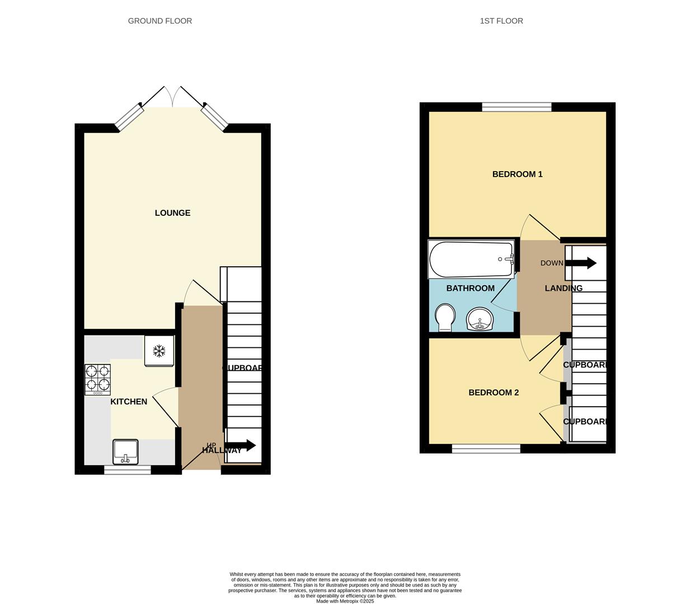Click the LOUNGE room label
tap(172, 213)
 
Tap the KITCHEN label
tap(129, 402)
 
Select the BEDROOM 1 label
tap(517, 174)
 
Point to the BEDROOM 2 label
tap(493, 393)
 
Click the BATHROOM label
tap(470, 288)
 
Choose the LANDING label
tap(564, 288)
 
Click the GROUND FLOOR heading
tap(160, 21)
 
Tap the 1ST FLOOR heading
tap(501, 21)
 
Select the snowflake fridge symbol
tap(159, 351)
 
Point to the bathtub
tap(471, 259)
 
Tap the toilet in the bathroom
tap(445, 317)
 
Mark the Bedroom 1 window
tap(517, 107)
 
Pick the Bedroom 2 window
tap(486, 448)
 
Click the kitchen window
tap(128, 470)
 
